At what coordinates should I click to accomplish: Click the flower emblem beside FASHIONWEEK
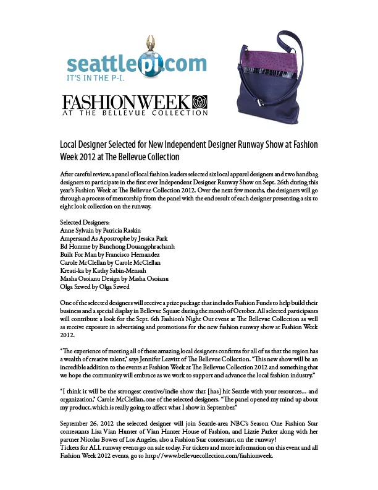point(200,102)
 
